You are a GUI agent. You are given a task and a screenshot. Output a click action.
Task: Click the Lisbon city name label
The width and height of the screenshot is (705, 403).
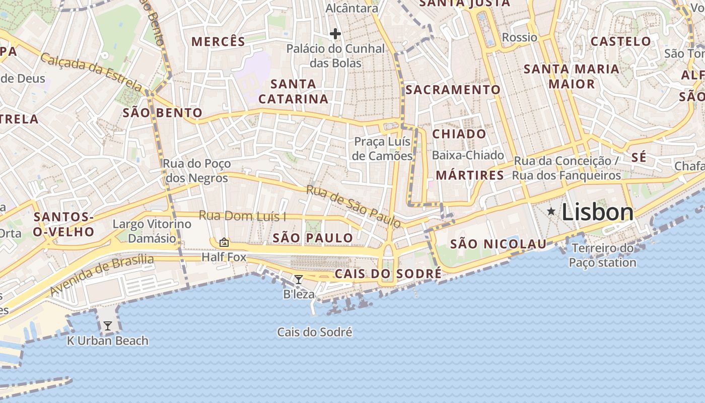click(597, 212)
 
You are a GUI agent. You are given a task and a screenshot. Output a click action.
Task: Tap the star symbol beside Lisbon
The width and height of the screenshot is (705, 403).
click(551, 212)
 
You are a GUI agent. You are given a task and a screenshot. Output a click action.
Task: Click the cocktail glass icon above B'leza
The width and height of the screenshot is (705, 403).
click(299, 280)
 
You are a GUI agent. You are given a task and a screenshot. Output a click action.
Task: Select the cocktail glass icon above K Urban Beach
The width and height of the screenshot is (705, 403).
click(108, 326)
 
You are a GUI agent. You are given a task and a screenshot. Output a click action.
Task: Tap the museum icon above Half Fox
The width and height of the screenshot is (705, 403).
click(224, 243)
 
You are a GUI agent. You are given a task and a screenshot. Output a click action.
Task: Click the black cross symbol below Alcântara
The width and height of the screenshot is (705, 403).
click(335, 34)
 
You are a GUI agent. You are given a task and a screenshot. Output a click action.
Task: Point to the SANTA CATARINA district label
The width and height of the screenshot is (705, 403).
click(294, 91)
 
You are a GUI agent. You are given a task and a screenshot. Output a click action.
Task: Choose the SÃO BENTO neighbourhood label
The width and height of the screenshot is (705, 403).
click(163, 113)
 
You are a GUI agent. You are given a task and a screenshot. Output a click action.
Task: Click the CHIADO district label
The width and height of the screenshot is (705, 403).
click(459, 134)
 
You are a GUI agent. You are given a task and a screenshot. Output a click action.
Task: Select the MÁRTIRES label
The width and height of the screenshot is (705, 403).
click(469, 175)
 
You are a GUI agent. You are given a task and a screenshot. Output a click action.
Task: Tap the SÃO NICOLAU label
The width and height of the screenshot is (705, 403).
click(498, 244)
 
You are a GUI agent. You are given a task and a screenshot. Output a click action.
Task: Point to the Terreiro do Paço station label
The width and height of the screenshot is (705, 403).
click(603, 255)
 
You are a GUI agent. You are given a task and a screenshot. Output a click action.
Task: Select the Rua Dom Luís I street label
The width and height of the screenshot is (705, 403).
click(243, 216)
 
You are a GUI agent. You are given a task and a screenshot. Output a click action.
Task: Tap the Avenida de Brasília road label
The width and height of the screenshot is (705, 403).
click(102, 275)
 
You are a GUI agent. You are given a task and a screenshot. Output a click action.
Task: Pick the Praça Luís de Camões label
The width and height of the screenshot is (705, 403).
click(382, 149)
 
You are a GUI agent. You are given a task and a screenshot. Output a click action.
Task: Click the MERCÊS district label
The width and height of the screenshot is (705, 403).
click(218, 42)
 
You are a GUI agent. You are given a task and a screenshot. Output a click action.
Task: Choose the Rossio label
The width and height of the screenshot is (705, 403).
click(520, 37)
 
